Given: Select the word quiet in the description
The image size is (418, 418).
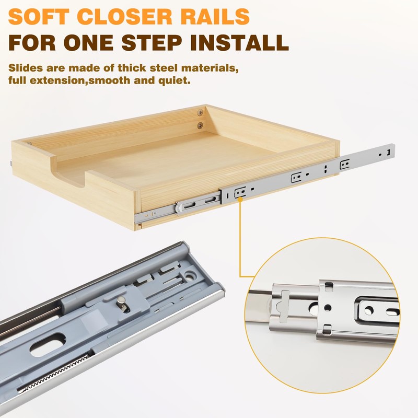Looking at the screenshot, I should [x=178, y=81].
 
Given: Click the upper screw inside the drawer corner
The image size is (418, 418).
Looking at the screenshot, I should [x=200, y=112].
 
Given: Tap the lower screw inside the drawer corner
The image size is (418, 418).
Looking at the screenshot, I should [x=200, y=125].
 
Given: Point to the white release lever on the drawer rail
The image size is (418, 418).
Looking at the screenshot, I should [x=179, y=208].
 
